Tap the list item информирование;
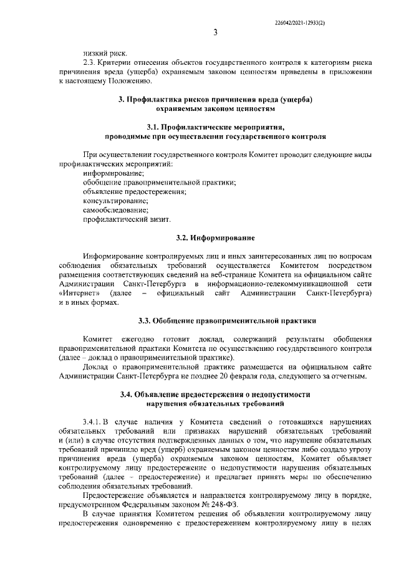click(113, 173)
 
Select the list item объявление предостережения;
click(135, 191)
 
